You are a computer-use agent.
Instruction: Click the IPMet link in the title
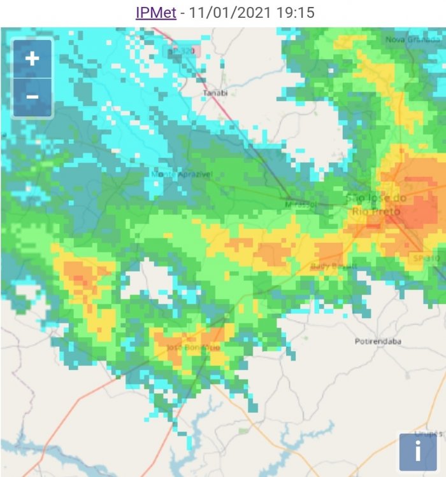[x=156, y=13]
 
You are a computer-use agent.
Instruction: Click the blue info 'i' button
[x=417, y=452]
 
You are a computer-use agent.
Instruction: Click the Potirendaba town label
[x=378, y=342]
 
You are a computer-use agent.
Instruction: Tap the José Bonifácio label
[x=193, y=348]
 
